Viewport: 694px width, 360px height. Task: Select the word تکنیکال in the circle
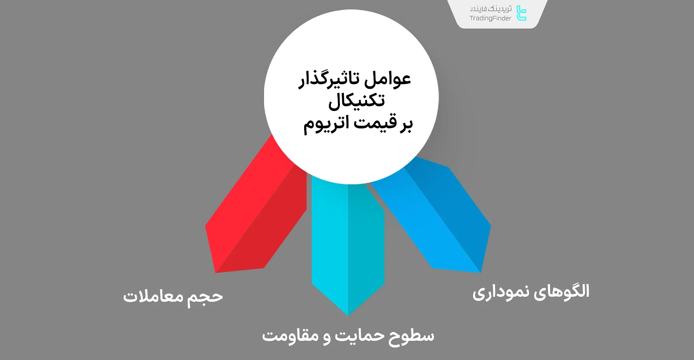click(x=356, y=101)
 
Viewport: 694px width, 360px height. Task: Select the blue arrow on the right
click(x=434, y=217)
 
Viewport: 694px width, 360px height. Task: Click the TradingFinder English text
click(x=490, y=18)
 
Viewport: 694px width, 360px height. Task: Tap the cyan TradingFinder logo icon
click(x=521, y=13)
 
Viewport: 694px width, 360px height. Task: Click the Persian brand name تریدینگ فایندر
click(x=490, y=9)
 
